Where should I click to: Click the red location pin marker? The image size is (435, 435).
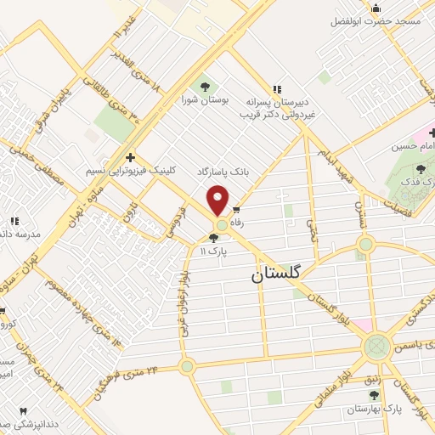[x=219, y=200]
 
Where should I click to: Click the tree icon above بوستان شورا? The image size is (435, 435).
[x=203, y=87]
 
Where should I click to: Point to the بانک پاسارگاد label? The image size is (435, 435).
[x=223, y=171]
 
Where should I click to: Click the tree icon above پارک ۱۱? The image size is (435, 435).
[x=212, y=239]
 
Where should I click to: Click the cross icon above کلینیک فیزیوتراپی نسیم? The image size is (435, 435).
[x=129, y=156]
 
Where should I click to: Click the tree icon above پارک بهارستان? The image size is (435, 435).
[x=370, y=395]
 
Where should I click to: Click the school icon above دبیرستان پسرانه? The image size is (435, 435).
[x=276, y=88]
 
